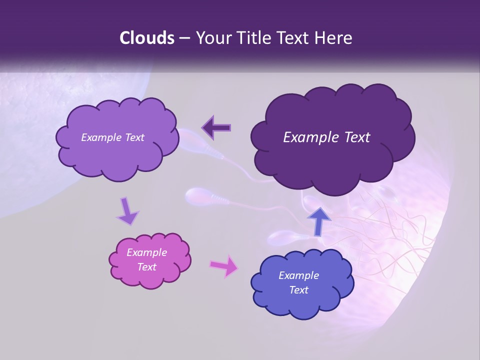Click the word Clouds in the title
click(147, 38)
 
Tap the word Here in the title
click(333, 38)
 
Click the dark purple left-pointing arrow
click(216, 127)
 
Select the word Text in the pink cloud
click(147, 267)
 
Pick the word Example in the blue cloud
click(298, 275)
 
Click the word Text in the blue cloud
click(298, 290)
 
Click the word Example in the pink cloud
click(147, 252)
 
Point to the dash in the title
click(184, 38)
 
